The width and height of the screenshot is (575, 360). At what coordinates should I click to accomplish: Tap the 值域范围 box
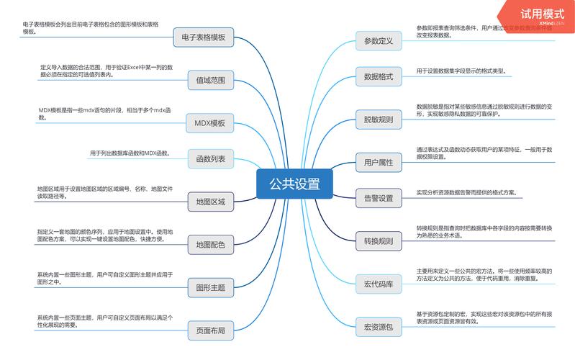[210, 81]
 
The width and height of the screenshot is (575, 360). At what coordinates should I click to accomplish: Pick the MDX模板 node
[210, 123]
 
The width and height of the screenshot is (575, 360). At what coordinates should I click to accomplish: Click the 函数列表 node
[210, 158]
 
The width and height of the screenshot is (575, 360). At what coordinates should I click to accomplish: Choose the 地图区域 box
[210, 202]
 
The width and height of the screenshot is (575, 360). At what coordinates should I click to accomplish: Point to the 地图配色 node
[210, 245]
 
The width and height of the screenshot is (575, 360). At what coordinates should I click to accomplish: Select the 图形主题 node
[210, 288]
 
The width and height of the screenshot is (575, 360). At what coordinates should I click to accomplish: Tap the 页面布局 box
[210, 331]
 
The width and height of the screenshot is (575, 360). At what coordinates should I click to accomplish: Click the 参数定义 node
[379, 41]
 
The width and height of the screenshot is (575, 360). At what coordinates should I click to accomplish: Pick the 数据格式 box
[379, 76]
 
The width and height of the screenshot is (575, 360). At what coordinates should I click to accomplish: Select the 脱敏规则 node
[379, 120]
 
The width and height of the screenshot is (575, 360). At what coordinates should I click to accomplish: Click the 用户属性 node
[379, 163]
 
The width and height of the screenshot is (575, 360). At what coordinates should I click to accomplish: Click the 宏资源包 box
[379, 328]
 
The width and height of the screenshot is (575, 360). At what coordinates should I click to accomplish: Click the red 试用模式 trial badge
[542, 14]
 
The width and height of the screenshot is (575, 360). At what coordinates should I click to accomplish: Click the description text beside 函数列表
[129, 153]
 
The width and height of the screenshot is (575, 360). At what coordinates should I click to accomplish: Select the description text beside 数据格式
[461, 71]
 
